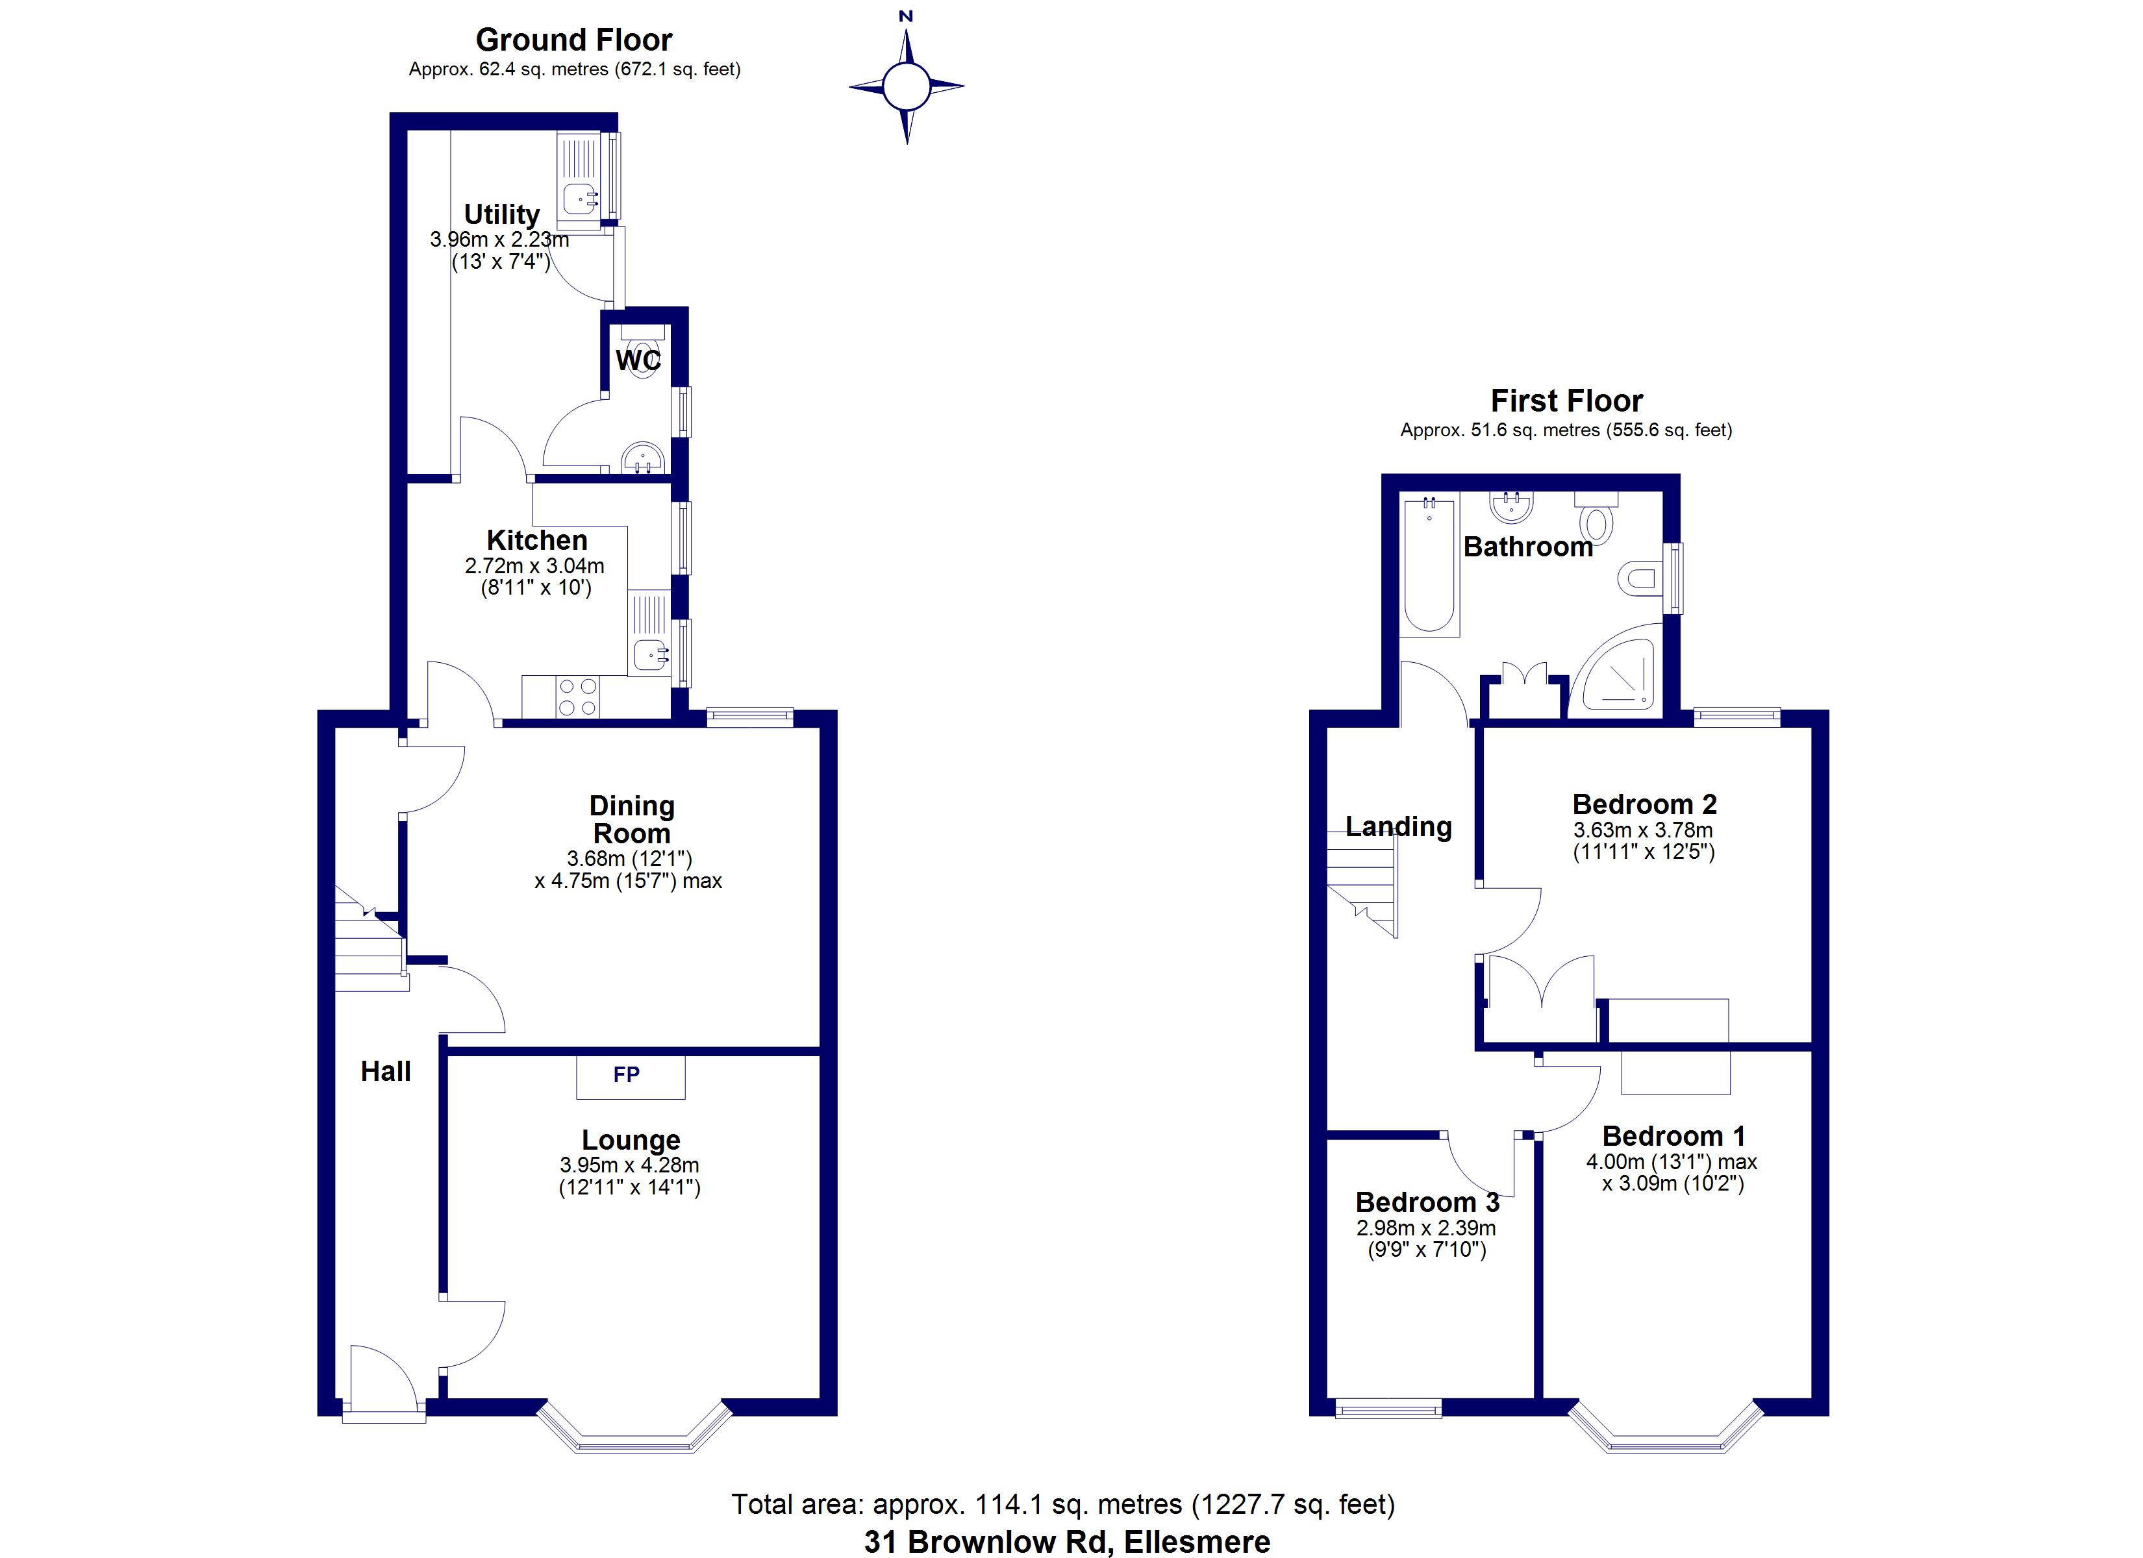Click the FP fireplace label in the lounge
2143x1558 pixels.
pos(627,1074)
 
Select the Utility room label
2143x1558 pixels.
pos(502,214)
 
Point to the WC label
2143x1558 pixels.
pos(639,360)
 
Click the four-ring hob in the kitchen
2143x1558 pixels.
pos(577,697)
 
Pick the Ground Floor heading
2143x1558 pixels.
pos(573,40)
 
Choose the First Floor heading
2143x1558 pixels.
pos(1566,401)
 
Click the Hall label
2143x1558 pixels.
pos(386,1071)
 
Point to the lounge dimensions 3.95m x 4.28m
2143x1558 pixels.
pos(629,1166)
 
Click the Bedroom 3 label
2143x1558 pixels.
pos(1427,1203)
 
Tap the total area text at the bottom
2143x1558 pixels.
pos(1063,1504)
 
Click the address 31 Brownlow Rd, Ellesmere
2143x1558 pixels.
pos(1067,1542)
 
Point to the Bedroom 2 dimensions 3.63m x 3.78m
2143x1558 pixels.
pos(1643,830)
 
